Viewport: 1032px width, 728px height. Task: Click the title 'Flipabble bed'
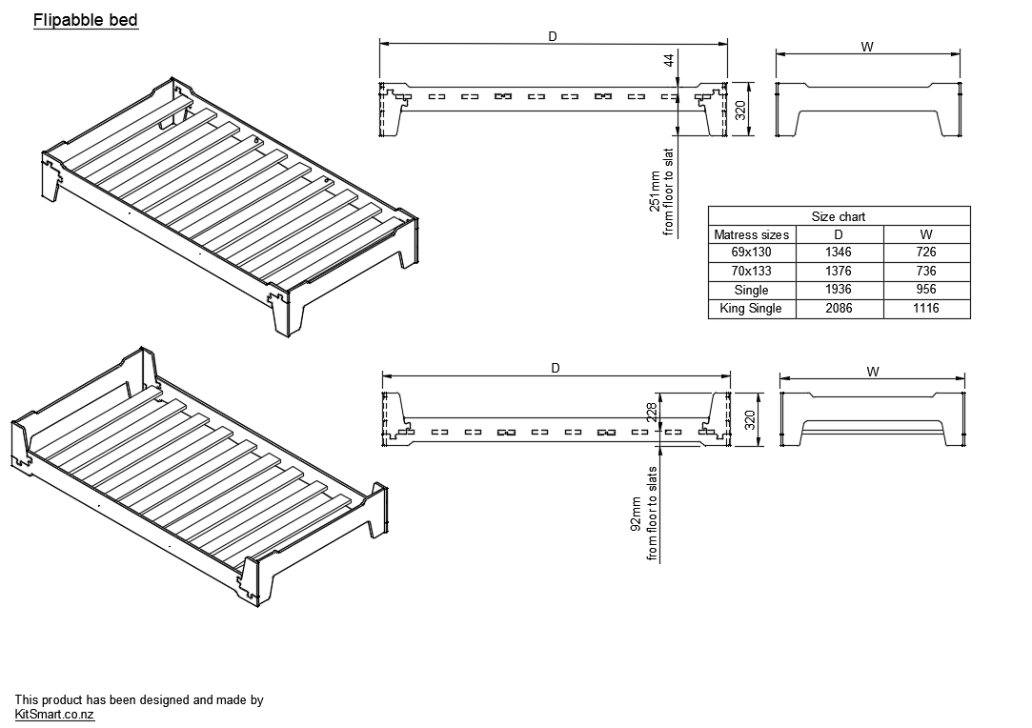click(x=86, y=20)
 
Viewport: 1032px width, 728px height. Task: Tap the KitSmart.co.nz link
click(x=54, y=715)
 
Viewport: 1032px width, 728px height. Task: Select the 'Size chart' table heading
click(x=839, y=216)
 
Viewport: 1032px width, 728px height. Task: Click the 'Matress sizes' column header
click(x=752, y=234)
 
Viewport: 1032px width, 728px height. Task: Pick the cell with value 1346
click(x=839, y=253)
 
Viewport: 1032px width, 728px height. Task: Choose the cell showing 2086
click(x=839, y=309)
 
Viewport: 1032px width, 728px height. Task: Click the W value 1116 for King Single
click(x=925, y=309)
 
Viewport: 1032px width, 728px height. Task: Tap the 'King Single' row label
click(x=752, y=309)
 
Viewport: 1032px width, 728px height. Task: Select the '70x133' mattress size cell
click(x=752, y=272)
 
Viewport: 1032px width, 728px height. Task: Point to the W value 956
click(x=925, y=290)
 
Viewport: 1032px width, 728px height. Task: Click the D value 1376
click(x=839, y=272)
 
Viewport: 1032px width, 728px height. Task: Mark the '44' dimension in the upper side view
click(x=669, y=59)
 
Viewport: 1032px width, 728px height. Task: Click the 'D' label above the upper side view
click(x=553, y=36)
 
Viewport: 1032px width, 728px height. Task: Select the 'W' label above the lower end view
click(x=873, y=372)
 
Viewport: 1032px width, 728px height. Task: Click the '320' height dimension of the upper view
click(x=740, y=110)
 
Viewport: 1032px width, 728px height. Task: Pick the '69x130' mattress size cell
click(x=752, y=253)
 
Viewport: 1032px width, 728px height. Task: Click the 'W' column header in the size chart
click(x=925, y=234)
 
